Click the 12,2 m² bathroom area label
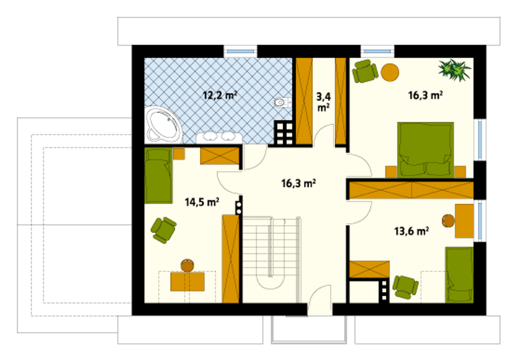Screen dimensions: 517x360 pos(220,95)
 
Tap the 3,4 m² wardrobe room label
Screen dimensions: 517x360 pos(324,102)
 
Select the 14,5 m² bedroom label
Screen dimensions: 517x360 pos(202,202)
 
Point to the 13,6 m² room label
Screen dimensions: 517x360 pos(412,231)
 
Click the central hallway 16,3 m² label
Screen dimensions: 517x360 pos(298,183)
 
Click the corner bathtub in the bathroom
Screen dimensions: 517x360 pos(164,125)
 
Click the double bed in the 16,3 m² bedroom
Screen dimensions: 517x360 pos(425,150)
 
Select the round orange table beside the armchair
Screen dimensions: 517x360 pos(390,72)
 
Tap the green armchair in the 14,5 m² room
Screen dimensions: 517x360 pos(164,230)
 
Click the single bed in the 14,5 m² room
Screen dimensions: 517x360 pos(158,175)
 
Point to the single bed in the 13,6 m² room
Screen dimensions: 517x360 pos(460,275)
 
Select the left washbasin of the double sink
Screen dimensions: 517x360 pos(210,136)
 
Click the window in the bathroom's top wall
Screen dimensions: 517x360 pos(240,51)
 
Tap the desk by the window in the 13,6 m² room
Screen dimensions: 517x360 pos(464,221)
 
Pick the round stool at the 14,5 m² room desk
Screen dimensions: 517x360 pos(187,265)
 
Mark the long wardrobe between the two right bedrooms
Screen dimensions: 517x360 pos(411,190)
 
